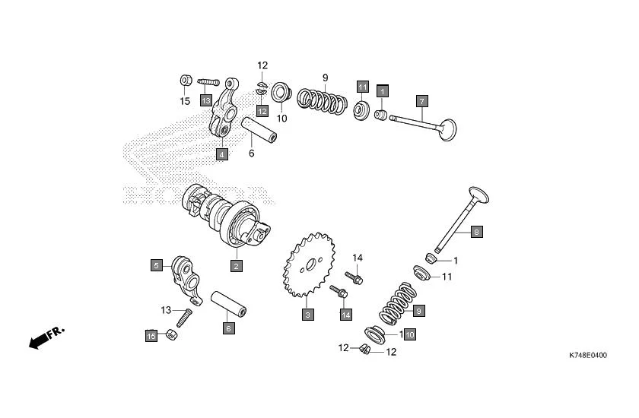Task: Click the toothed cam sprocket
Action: pyautogui.click(x=307, y=265)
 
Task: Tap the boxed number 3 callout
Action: pyautogui.click(x=307, y=314)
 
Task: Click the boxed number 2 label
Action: pyautogui.click(x=237, y=266)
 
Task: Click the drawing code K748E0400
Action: pyautogui.click(x=588, y=355)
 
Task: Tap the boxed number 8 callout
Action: pyautogui.click(x=476, y=233)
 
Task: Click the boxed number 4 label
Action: pyautogui.click(x=221, y=154)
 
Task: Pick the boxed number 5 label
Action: pyautogui.click(x=156, y=265)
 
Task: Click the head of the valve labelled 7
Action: pyautogui.click(x=447, y=130)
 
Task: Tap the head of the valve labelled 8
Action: pyautogui.click(x=478, y=195)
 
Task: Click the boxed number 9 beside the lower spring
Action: pyautogui.click(x=418, y=310)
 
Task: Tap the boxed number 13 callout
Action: pyautogui.click(x=206, y=100)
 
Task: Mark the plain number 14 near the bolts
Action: pyautogui.click(x=358, y=258)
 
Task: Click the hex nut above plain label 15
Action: pyautogui.click(x=185, y=81)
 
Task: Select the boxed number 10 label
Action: pyautogui.click(x=409, y=334)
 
